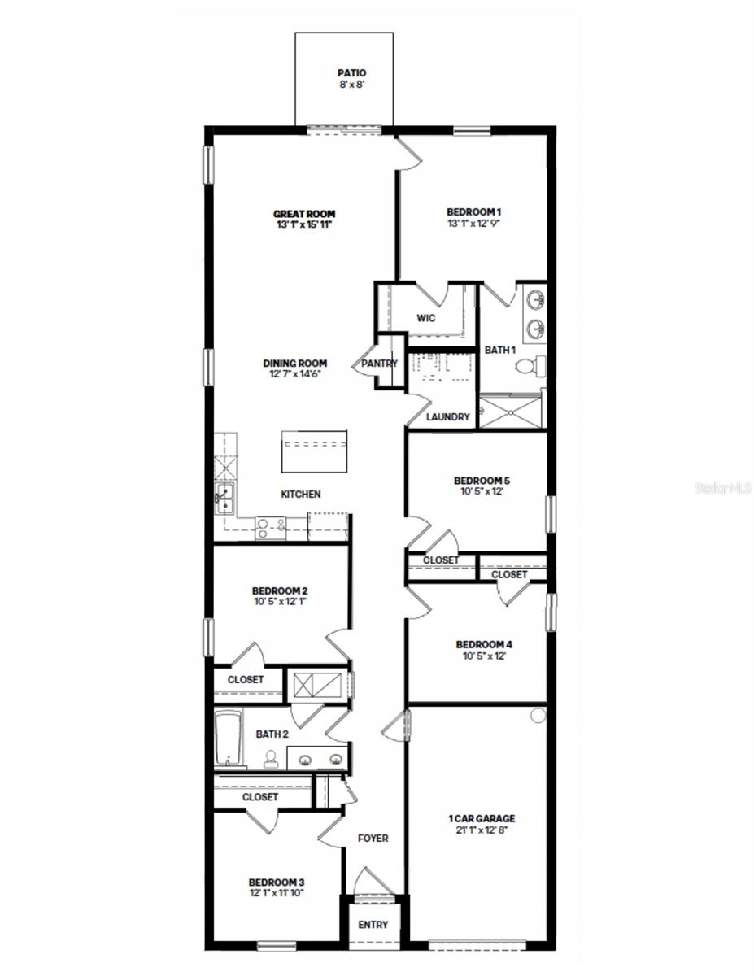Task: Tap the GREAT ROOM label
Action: tap(304, 214)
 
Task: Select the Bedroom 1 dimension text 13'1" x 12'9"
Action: tap(473, 222)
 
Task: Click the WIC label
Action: tap(425, 318)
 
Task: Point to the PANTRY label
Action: tap(380, 364)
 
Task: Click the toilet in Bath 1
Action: tap(525, 368)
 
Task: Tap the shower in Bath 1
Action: tap(510, 412)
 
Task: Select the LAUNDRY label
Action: tap(448, 417)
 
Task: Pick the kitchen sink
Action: tap(224, 499)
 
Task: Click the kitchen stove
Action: tap(270, 528)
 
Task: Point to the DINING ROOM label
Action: tap(294, 364)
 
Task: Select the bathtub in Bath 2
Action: tap(229, 739)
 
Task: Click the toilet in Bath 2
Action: tap(271, 758)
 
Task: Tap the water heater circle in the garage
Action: tap(538, 716)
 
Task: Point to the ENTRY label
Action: tap(373, 925)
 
